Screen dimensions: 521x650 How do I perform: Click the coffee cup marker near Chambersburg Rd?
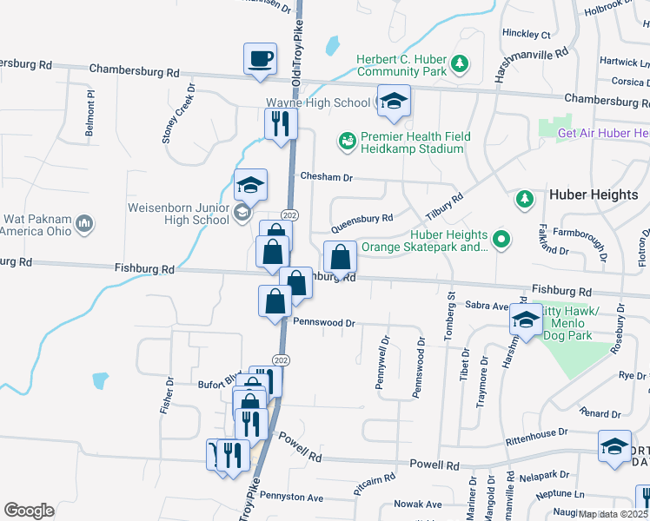coord(260,59)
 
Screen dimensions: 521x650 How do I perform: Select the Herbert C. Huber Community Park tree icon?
coord(460,64)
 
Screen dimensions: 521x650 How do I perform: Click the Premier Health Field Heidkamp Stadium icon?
coord(347,141)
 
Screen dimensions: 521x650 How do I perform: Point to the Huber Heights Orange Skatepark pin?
coord(501,238)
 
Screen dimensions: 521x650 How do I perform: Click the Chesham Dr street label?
coord(326,176)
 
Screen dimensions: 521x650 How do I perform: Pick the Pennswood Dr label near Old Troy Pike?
coord(325,322)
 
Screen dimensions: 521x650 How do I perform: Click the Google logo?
coord(29,511)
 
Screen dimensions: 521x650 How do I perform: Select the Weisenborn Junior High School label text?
coord(178,214)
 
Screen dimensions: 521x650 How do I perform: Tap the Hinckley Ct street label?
coord(527,35)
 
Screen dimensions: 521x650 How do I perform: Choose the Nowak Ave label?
coord(418,504)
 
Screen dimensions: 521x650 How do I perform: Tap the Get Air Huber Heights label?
coord(603,133)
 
